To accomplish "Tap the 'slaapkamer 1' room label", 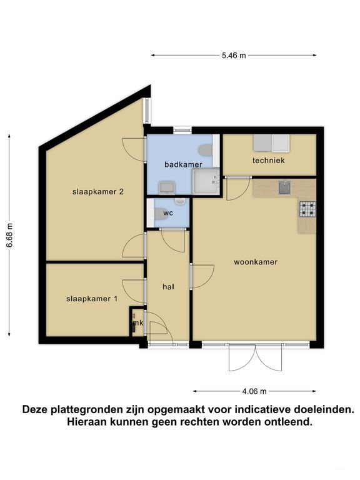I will pos(92,299).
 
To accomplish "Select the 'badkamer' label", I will pos(183,164).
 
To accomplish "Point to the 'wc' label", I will pos(168,213).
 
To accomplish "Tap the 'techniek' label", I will pos(269,161).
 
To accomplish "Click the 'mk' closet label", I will pos(137,323).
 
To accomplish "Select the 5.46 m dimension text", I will pos(234,56).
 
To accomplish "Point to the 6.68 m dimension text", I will pos(9,236).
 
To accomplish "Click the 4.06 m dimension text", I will pos(254,392).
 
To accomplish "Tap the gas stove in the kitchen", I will pos(307,209).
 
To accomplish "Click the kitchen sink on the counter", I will pos(284,187).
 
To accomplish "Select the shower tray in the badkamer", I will pos(206,181).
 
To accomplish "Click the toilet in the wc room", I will pos(159,212).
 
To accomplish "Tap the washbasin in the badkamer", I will pos(166,187).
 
